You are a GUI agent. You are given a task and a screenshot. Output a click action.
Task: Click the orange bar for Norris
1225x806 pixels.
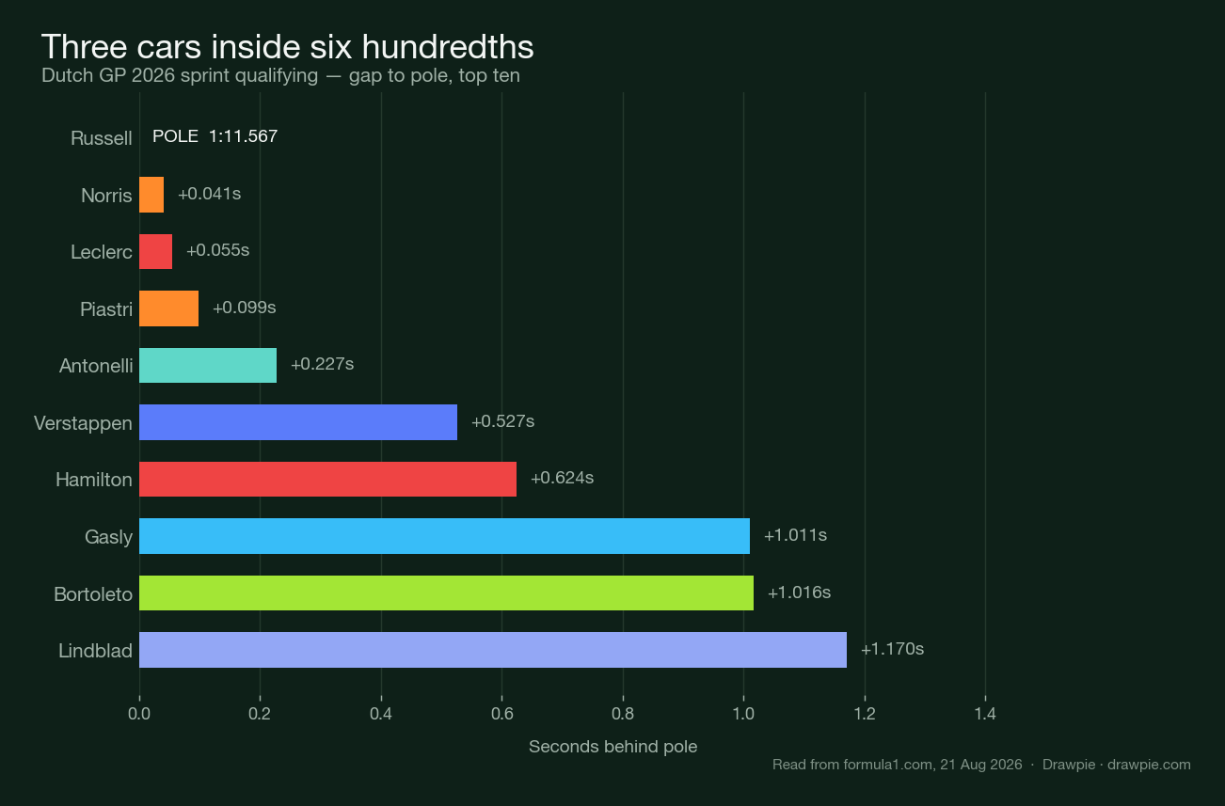point(151,195)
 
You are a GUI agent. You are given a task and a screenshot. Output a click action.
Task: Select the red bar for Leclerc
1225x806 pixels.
point(156,251)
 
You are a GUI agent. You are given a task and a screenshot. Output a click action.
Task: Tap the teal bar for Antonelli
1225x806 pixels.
point(208,365)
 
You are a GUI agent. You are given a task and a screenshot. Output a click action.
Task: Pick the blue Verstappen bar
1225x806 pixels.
point(298,422)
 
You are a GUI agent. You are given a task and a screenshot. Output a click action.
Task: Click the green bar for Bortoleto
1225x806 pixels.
point(446,593)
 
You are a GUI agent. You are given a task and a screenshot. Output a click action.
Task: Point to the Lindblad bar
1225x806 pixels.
point(493,650)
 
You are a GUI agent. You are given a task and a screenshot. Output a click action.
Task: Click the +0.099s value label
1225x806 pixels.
point(244,308)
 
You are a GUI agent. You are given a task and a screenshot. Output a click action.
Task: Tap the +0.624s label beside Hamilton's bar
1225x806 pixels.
point(563,478)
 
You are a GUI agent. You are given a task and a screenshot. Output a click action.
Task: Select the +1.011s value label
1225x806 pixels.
point(795,535)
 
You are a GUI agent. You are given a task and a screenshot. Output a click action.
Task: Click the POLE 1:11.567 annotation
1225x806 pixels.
point(215,136)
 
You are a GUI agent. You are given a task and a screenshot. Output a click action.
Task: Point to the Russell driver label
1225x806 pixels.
point(102,138)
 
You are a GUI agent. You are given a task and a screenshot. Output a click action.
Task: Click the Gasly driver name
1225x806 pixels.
point(108,537)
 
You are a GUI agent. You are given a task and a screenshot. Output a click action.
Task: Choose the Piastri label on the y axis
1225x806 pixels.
point(106,309)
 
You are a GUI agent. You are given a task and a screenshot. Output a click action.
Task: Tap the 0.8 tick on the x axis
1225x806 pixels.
point(623,714)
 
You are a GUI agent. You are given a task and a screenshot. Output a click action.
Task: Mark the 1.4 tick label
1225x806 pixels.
point(985,714)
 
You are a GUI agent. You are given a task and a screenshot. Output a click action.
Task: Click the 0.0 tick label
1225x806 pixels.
point(139,714)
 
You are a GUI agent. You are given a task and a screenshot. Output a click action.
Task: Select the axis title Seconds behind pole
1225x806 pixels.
point(613,747)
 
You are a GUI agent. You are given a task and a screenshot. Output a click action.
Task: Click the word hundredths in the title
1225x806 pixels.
point(448,47)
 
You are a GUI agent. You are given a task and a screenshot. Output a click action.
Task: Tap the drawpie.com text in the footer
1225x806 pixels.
point(1149,765)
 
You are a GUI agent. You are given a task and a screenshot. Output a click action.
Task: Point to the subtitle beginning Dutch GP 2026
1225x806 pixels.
point(280,75)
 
